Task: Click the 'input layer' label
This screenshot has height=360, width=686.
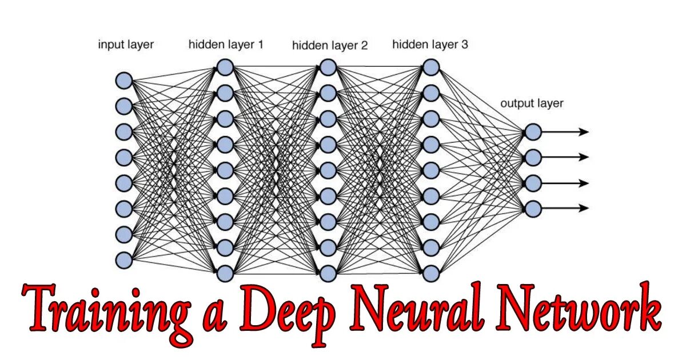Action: tap(126, 45)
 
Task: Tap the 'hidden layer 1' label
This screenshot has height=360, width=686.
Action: tap(226, 44)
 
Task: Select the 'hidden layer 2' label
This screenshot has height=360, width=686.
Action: tap(330, 45)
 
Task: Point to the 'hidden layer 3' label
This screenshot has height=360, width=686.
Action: tap(430, 44)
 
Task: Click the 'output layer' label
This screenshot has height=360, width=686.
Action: tap(532, 103)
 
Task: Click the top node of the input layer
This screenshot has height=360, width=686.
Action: tap(124, 80)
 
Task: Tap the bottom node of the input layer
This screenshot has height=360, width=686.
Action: tap(124, 260)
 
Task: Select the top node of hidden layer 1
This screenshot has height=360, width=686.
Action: tap(225, 67)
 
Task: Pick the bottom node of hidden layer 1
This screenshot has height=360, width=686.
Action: tap(225, 273)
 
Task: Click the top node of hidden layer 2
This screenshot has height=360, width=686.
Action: tap(328, 67)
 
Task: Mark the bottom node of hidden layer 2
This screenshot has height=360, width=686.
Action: tap(328, 273)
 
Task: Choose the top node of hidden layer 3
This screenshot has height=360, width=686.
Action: tap(431, 67)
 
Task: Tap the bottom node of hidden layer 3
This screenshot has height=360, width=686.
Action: tap(431, 273)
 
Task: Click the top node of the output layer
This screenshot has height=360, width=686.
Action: tap(533, 132)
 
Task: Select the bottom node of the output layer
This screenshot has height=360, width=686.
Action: tap(533, 209)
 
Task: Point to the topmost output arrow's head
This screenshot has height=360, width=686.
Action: tap(584, 132)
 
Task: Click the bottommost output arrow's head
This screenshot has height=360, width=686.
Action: tap(584, 209)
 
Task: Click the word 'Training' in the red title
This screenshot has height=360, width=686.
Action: tap(106, 311)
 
